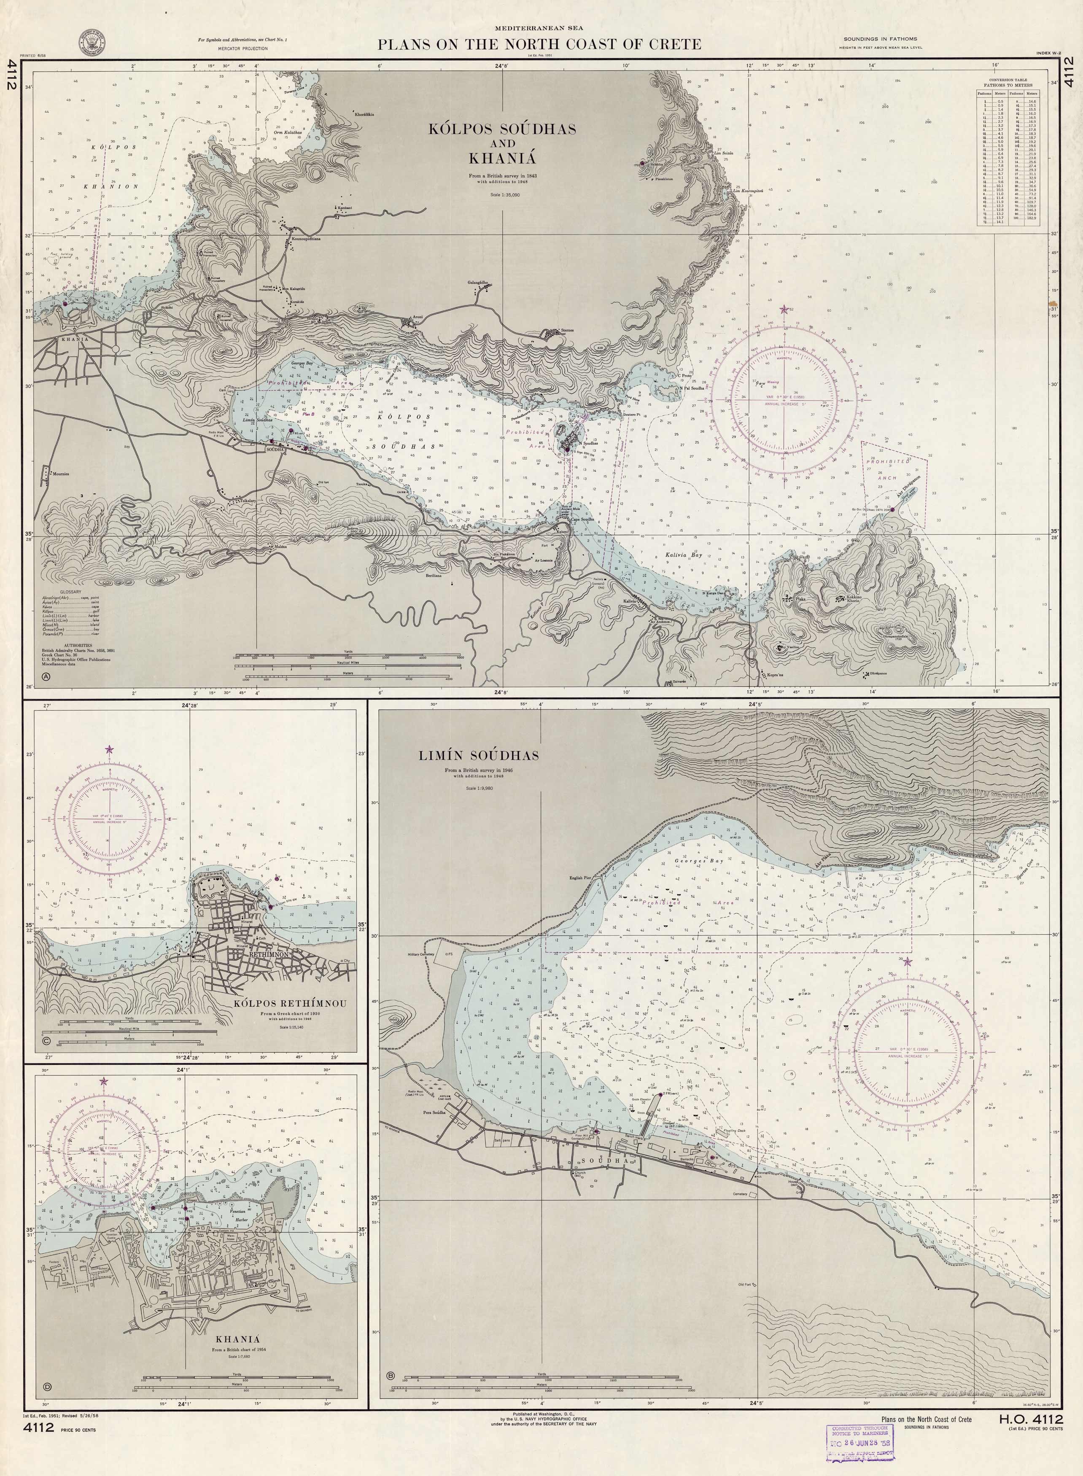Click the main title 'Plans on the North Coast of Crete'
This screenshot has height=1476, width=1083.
[539, 45]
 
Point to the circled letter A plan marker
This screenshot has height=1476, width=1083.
[45, 676]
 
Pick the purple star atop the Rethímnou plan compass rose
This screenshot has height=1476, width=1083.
[109, 749]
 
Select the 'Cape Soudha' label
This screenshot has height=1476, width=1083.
[583, 519]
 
